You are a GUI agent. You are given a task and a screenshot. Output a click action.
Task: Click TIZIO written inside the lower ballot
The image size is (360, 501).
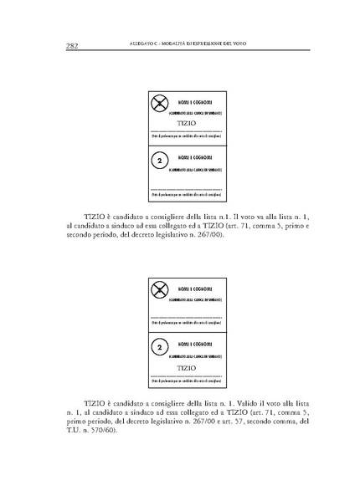188,367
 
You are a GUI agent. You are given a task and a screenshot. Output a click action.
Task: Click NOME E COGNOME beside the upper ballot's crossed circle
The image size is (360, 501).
194,100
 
